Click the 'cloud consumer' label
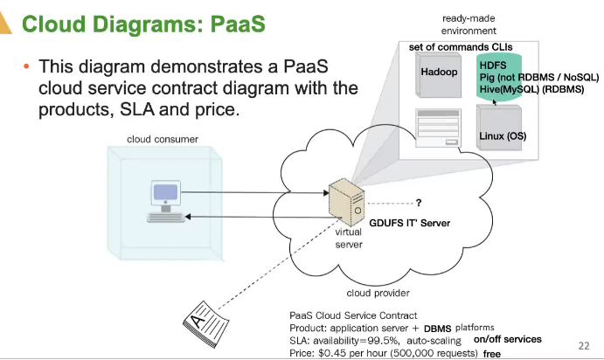162,139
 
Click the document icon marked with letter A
211,322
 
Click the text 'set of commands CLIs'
461,46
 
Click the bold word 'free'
492,354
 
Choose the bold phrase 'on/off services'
508,339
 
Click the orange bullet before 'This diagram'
26,67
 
